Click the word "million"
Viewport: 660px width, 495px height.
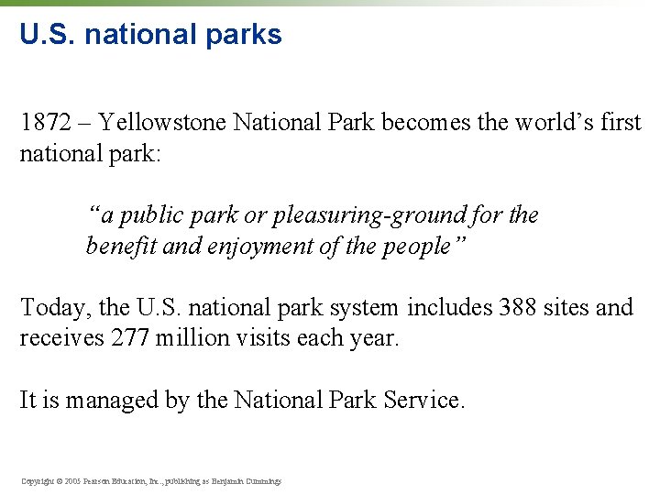pos(192,338)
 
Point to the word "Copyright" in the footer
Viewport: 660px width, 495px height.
pos(38,480)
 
